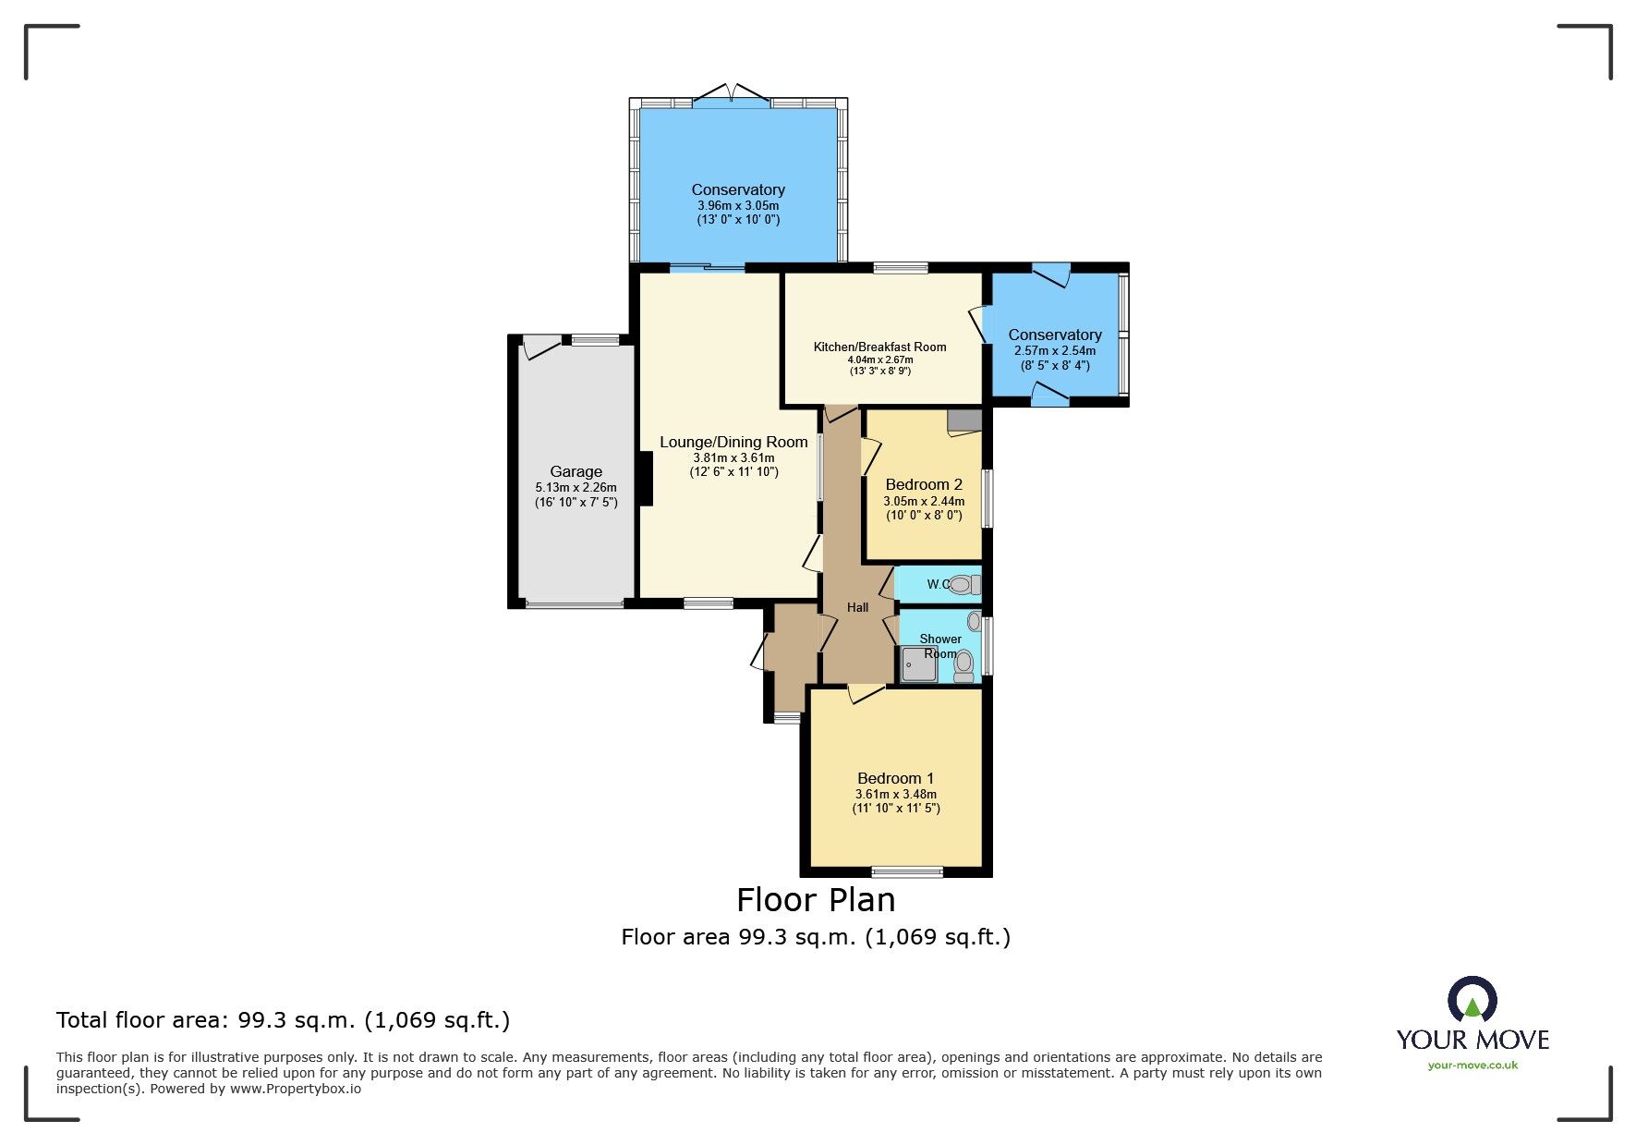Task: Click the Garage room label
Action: (x=576, y=471)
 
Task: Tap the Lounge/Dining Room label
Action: (x=733, y=443)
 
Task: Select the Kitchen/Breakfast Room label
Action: (x=879, y=347)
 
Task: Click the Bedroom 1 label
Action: (x=895, y=778)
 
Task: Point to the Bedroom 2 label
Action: (x=924, y=484)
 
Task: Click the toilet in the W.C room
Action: (x=963, y=584)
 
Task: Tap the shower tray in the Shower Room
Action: (x=918, y=664)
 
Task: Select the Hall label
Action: (x=857, y=607)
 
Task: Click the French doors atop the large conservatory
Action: (x=731, y=94)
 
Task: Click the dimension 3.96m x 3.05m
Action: (x=738, y=206)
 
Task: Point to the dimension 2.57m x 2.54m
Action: (x=1055, y=351)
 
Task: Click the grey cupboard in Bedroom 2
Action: (x=964, y=421)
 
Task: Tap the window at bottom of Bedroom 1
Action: (x=907, y=871)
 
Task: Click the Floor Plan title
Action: (x=816, y=899)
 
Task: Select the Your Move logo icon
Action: (x=1472, y=1000)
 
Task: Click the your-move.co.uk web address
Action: (x=1472, y=1066)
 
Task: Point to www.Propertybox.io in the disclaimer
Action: (x=296, y=1089)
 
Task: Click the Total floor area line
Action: (x=283, y=1020)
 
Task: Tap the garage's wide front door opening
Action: (x=574, y=605)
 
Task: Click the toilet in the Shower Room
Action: (x=963, y=664)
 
